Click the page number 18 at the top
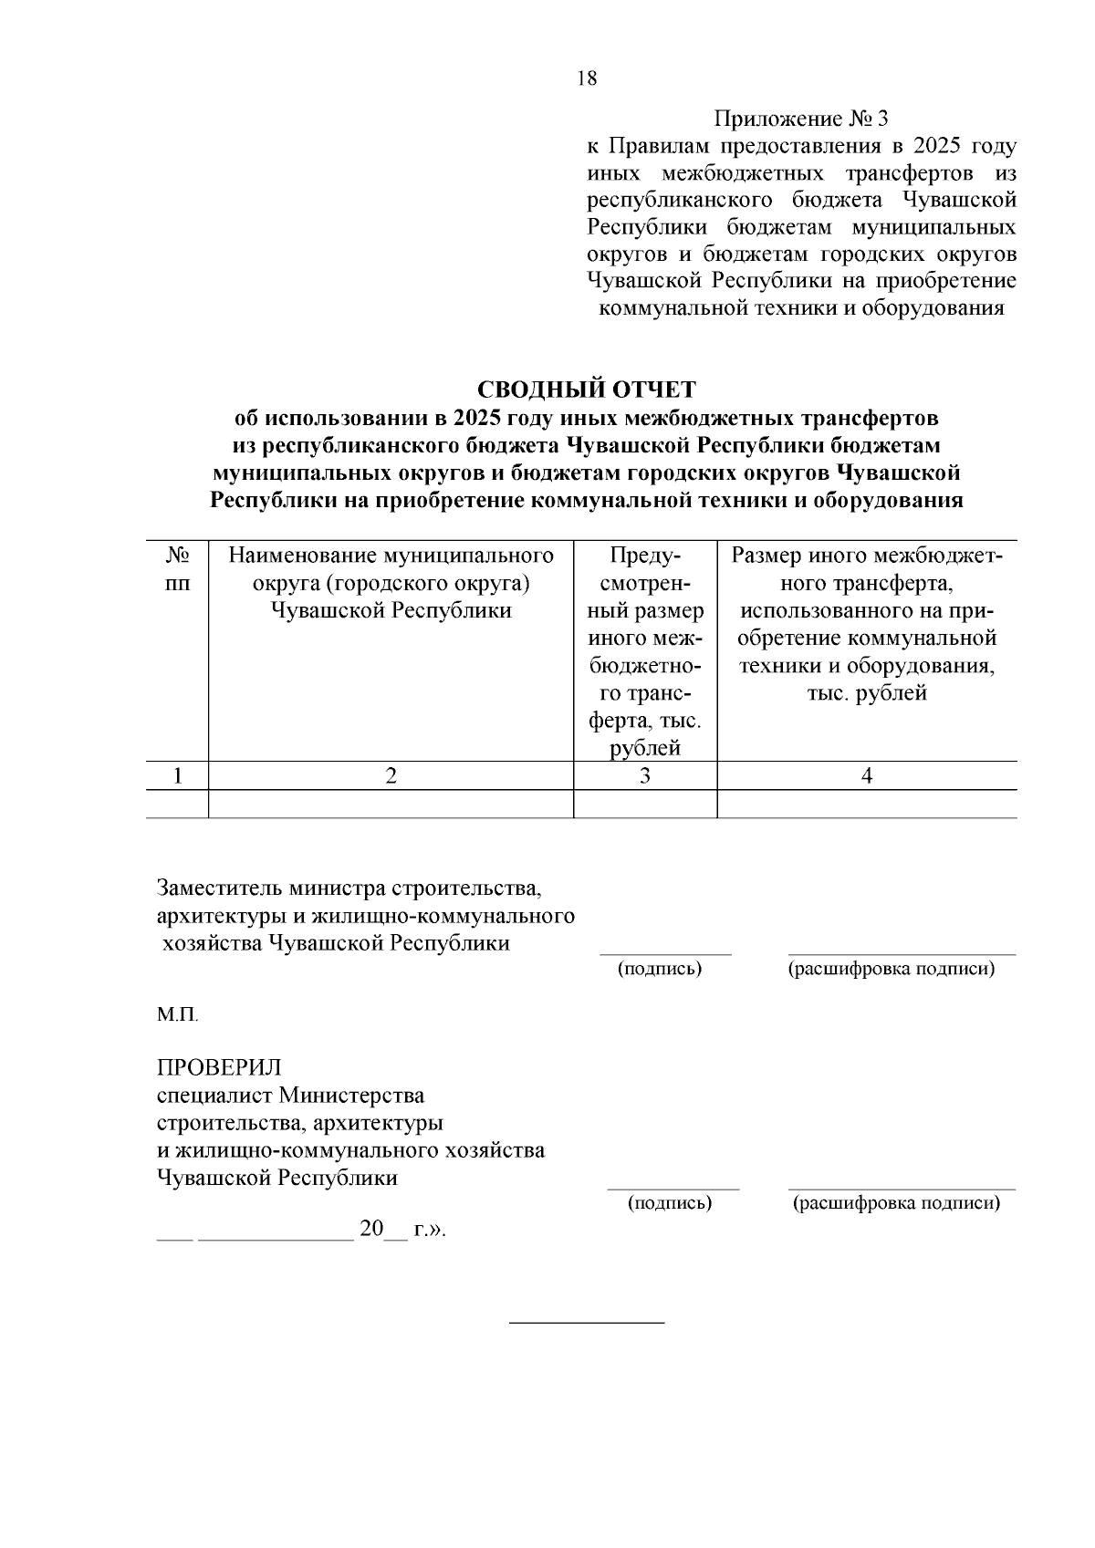587,78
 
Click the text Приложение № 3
800,119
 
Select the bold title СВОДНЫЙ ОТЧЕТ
587,390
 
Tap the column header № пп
177,569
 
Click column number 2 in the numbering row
391,776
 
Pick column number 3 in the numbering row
644,776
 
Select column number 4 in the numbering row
867,776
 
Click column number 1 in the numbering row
177,776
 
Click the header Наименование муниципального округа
391,583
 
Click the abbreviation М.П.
177,1015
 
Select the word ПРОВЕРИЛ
219,1067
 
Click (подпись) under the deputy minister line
660,969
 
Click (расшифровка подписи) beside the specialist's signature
897,1203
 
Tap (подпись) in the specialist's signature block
670,1203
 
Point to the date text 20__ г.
400,1229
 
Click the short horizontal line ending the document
587,1322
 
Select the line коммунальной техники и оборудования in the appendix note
800,307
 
